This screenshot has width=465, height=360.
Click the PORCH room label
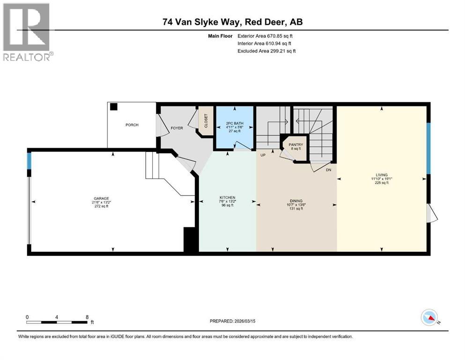132,125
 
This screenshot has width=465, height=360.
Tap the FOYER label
177,128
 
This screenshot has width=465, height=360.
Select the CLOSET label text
206,121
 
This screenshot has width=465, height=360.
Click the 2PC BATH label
235,123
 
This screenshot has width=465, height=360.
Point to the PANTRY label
295,145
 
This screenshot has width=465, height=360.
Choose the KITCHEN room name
227,198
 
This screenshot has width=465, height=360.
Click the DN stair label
328,170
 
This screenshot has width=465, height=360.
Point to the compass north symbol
430,318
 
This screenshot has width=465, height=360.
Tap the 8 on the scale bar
87,317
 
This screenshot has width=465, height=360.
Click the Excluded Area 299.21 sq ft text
266,51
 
